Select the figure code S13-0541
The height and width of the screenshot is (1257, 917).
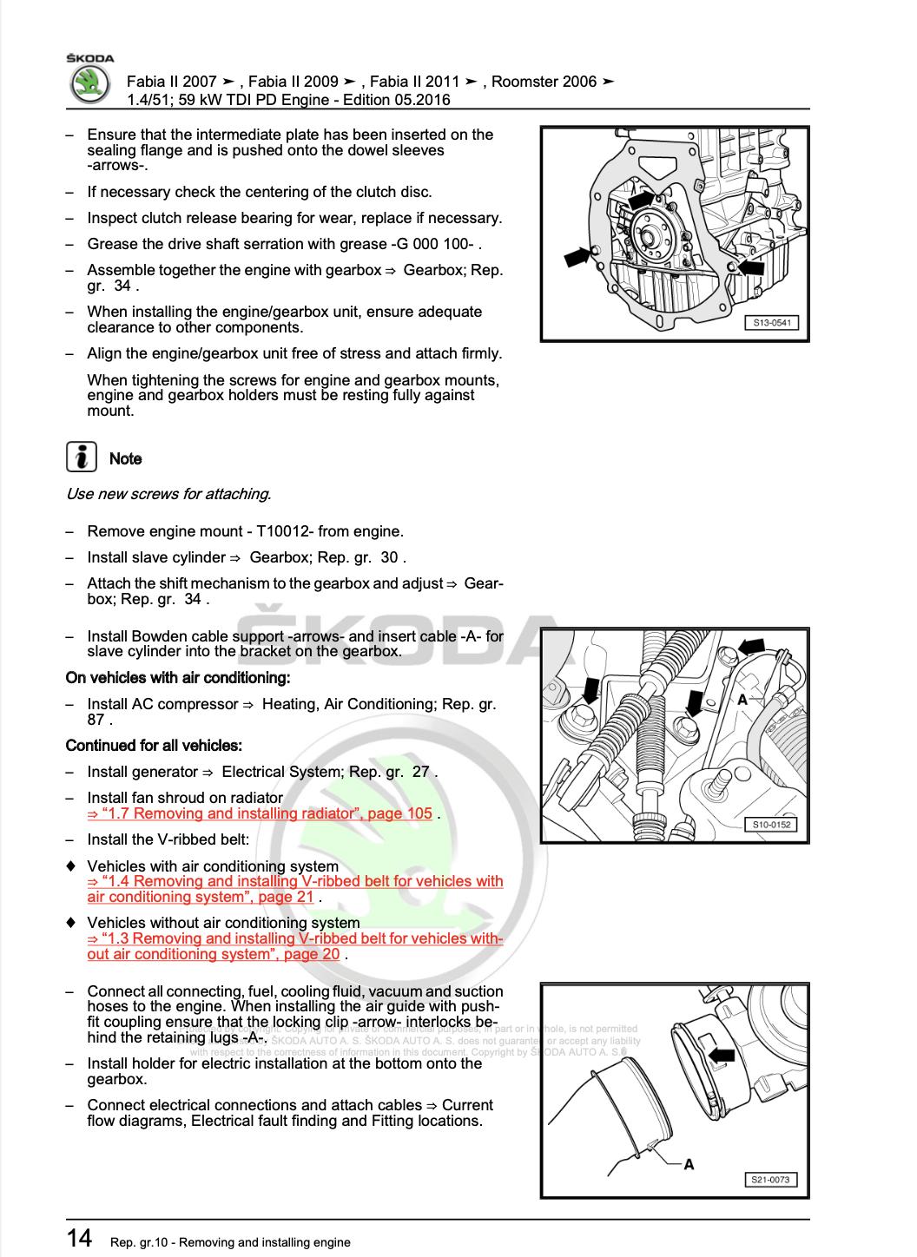coord(772,323)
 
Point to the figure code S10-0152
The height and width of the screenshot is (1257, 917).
coord(772,825)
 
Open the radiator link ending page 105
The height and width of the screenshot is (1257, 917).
coord(260,813)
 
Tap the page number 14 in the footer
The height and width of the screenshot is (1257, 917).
coord(80,1238)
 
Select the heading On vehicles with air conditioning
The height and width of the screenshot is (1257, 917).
coord(178,677)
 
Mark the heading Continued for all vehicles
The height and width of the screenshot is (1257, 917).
coord(154,745)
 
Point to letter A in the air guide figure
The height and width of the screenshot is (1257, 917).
coord(689,1164)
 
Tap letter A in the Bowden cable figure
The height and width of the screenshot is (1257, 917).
coord(742,699)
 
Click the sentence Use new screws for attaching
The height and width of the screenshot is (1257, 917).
coord(168,494)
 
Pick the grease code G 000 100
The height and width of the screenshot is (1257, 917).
coord(437,244)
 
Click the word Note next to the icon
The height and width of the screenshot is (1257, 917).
coord(125,458)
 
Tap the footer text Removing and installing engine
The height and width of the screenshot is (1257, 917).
coord(267,1242)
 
